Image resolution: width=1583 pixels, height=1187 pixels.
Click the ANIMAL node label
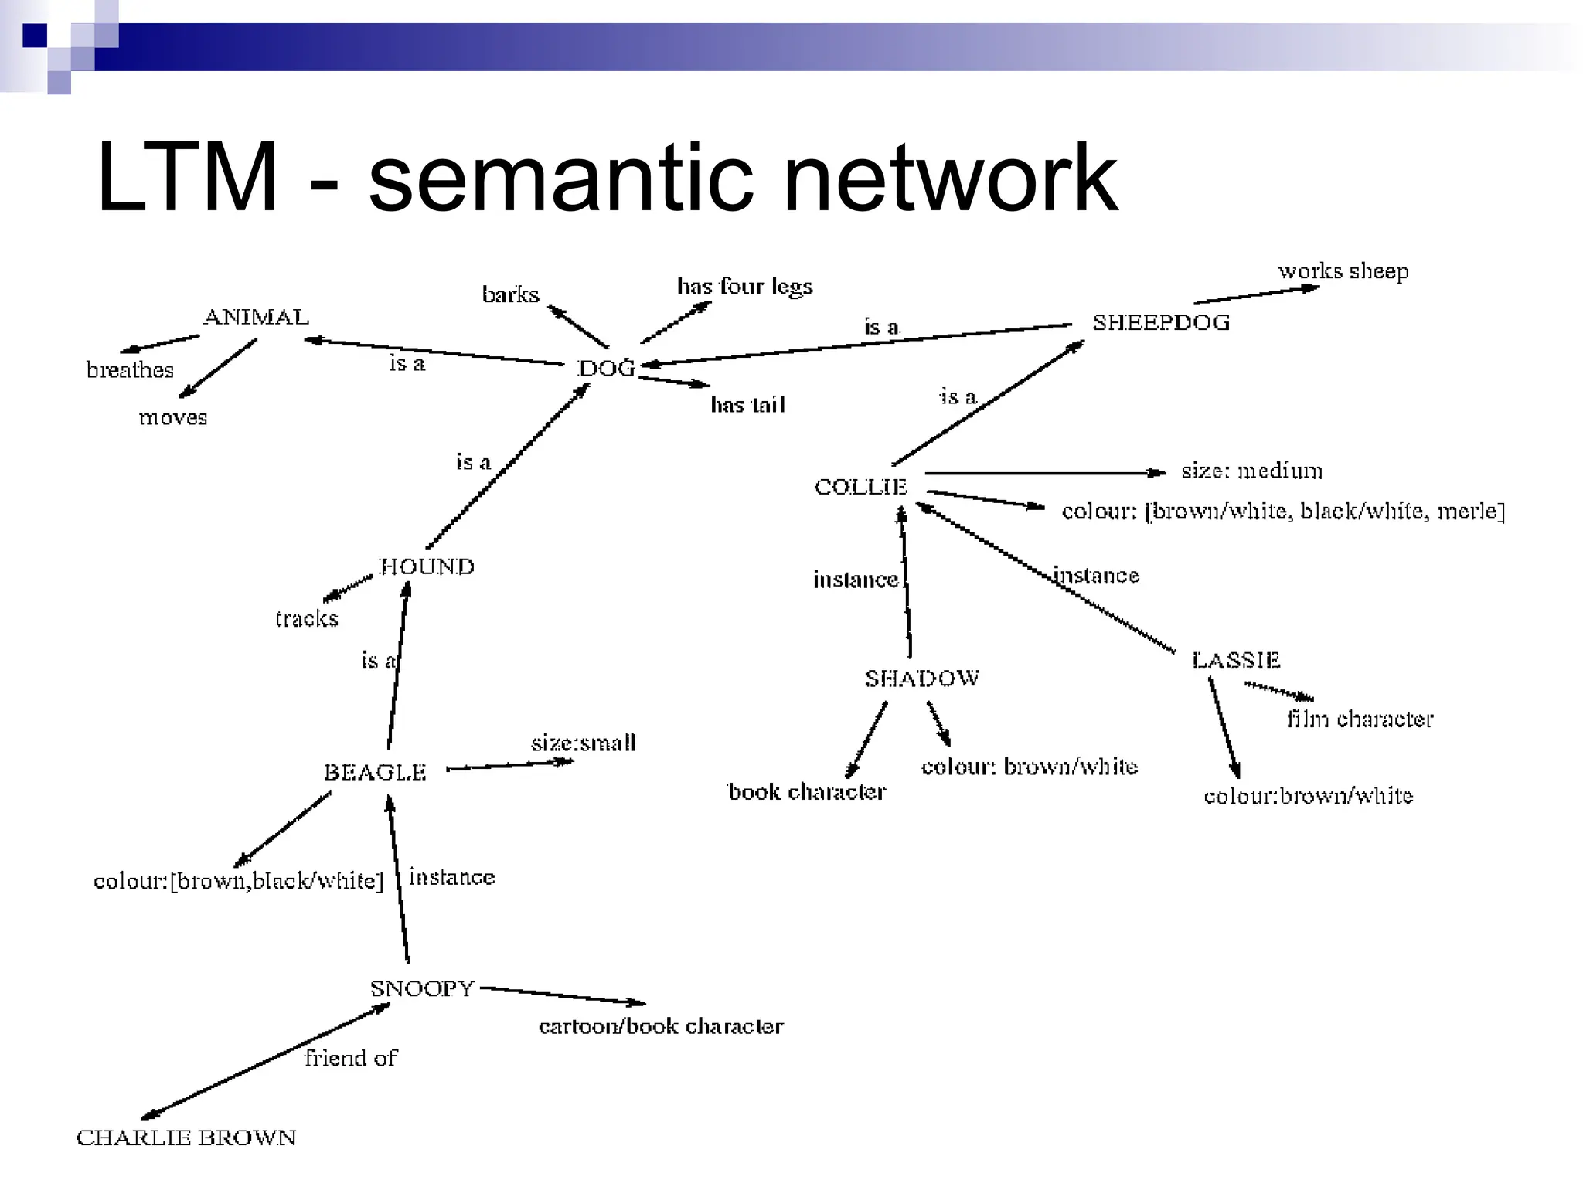pos(256,317)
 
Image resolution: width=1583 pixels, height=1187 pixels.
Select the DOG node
pos(608,369)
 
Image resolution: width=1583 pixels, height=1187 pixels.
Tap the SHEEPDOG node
pos(1161,322)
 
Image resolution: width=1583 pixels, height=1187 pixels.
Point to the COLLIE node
pos(860,487)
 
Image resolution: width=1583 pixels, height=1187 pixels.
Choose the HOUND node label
pos(427,566)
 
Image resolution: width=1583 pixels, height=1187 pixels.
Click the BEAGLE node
pos(375,772)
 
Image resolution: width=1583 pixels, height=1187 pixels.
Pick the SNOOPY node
pos(422,988)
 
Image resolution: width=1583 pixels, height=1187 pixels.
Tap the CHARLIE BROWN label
pos(186,1138)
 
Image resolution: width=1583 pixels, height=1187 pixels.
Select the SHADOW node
pos(921,679)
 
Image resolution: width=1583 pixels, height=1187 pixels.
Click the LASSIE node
pos(1236,661)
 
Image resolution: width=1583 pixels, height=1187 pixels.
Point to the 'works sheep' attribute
pos(1343,271)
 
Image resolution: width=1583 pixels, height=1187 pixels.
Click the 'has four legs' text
pos(744,287)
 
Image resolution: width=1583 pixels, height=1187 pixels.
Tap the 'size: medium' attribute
pos(1251,471)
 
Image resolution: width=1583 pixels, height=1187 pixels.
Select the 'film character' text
pos(1360,719)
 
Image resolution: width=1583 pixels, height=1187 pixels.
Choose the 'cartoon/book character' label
pos(661,1026)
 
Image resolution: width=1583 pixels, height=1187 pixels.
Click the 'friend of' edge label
pos(351,1058)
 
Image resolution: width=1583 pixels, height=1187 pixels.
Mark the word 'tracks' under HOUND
pos(307,618)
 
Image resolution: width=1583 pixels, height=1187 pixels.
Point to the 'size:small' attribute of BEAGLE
pos(584,743)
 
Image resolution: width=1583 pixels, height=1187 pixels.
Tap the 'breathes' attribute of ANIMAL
pos(130,370)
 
